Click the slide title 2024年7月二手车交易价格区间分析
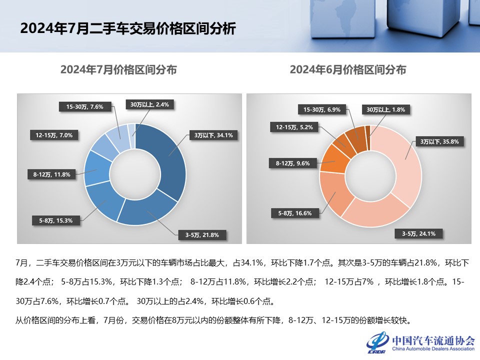[127, 28]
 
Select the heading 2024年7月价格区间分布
[118, 70]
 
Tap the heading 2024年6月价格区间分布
[348, 70]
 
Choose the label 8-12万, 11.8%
[51, 174]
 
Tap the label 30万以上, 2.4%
[149, 104]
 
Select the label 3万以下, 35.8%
[439, 141]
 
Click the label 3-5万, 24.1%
[415, 233]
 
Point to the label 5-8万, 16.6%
[294, 213]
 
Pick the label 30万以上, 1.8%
[385, 109]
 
